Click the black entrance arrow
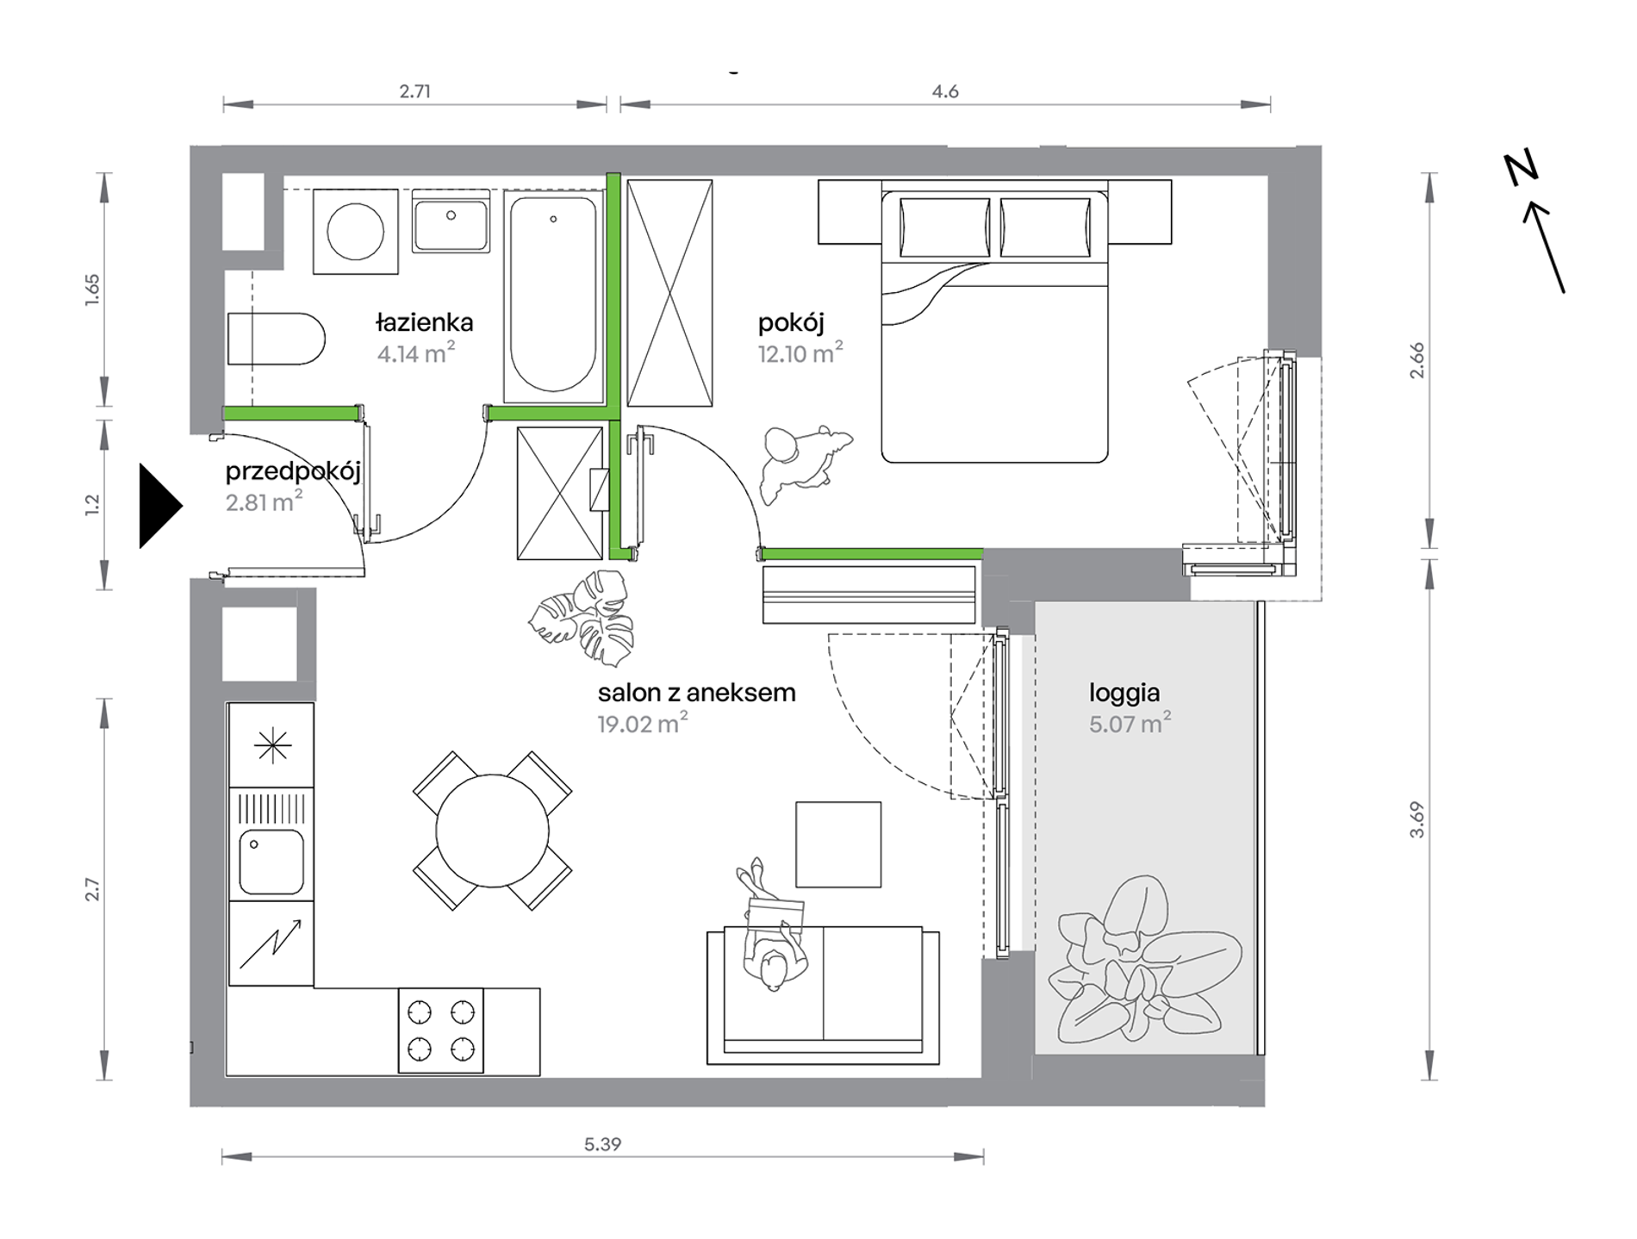point(160,506)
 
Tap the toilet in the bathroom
point(276,339)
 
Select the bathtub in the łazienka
point(553,296)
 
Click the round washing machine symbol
point(355,232)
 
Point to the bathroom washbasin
point(451,221)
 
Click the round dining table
point(492,831)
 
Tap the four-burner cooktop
point(441,1030)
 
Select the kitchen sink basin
point(271,861)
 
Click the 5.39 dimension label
point(602,1144)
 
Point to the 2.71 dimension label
point(414,91)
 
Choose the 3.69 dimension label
point(1417,819)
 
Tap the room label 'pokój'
point(791,323)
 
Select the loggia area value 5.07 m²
point(1130,723)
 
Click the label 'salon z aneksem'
point(696,693)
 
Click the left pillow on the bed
point(944,227)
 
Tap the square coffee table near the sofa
point(838,844)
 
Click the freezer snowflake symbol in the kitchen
point(272,745)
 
